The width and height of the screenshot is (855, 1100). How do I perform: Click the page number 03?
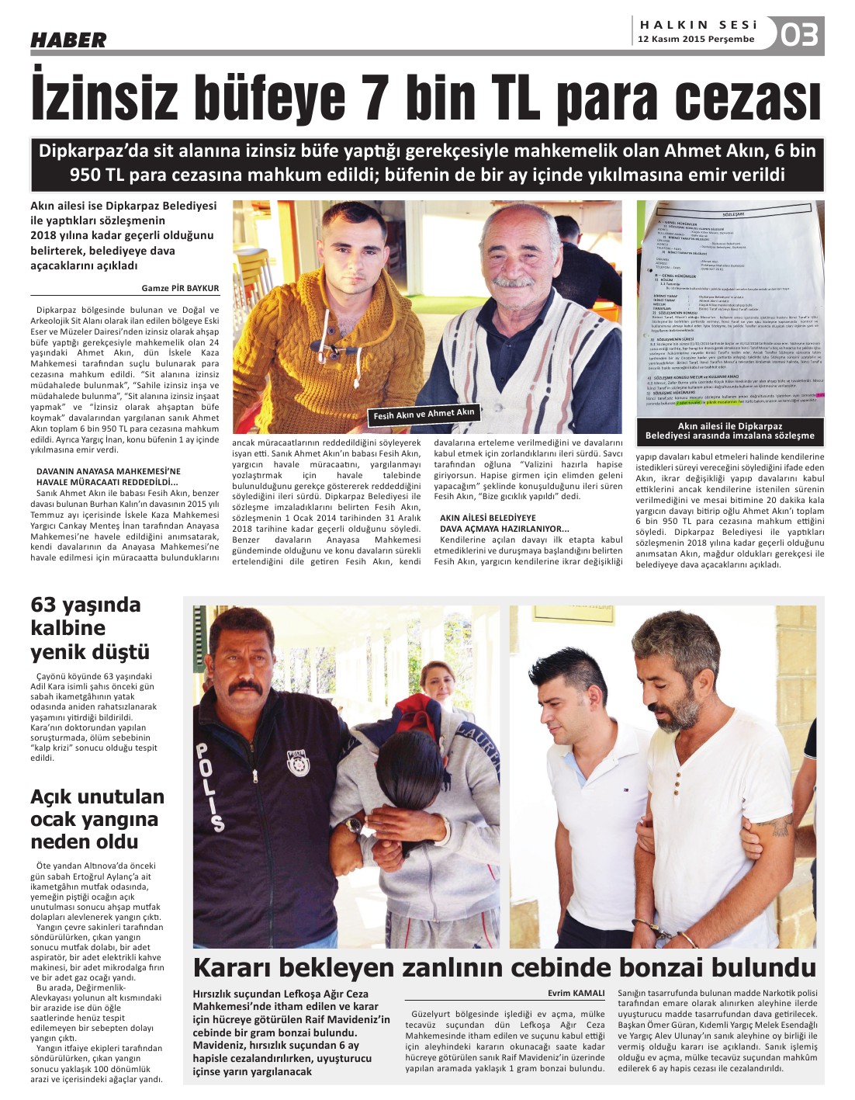point(799,35)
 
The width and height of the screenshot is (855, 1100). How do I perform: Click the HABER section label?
point(68,40)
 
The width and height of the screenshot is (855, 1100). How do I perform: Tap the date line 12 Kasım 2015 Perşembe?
point(696,39)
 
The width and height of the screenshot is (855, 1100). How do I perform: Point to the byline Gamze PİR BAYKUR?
point(180,288)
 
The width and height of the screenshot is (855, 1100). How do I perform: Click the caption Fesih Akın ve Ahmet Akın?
point(424,414)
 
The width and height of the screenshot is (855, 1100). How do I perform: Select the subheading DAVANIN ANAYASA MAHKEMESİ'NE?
point(109,471)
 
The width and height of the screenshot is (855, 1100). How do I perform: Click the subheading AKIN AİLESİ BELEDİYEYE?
point(488,518)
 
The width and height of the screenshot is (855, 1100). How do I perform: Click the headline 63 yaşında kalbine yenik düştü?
point(90,628)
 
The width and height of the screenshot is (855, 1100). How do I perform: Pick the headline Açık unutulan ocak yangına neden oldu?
point(97,819)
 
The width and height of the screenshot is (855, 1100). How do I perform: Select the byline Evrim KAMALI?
point(576,993)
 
